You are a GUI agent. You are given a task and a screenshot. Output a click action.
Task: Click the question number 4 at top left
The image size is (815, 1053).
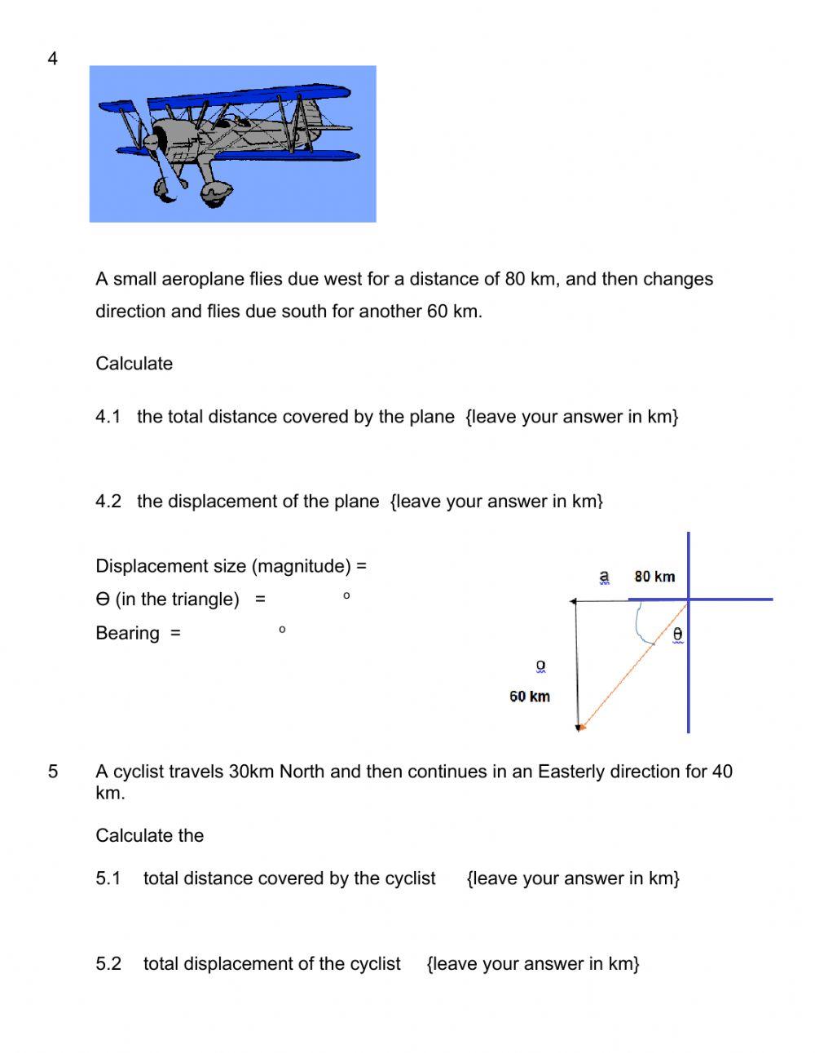53,59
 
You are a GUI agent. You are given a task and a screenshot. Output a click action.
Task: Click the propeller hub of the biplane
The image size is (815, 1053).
152,142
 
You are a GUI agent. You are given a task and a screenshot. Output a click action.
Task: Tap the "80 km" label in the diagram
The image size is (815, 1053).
654,577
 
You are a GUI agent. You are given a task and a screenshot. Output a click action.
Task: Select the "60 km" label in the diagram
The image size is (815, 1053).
530,697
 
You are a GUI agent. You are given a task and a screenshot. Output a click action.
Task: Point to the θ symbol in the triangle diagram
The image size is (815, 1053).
677,634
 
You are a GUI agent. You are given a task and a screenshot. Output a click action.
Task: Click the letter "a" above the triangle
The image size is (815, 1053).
604,577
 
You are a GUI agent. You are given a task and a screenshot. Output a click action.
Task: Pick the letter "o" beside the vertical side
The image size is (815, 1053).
540,666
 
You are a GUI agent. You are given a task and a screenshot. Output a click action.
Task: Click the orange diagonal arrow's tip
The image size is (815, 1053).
581,727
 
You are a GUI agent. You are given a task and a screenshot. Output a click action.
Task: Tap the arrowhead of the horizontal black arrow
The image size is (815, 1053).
574,601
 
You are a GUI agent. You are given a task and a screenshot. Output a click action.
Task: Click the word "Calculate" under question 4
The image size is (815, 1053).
134,364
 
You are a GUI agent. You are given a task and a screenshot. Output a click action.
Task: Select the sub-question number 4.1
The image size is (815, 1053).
108,417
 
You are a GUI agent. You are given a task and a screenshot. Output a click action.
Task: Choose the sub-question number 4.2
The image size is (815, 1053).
108,502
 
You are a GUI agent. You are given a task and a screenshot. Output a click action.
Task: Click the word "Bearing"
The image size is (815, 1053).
127,634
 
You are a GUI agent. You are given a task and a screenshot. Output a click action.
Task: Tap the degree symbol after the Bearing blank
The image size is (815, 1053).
282,630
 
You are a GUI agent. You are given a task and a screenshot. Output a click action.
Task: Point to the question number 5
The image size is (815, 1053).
53,772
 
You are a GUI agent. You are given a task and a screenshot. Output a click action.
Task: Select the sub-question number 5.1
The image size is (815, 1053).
108,878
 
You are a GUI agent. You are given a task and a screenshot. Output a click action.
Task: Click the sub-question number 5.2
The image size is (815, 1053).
108,964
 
